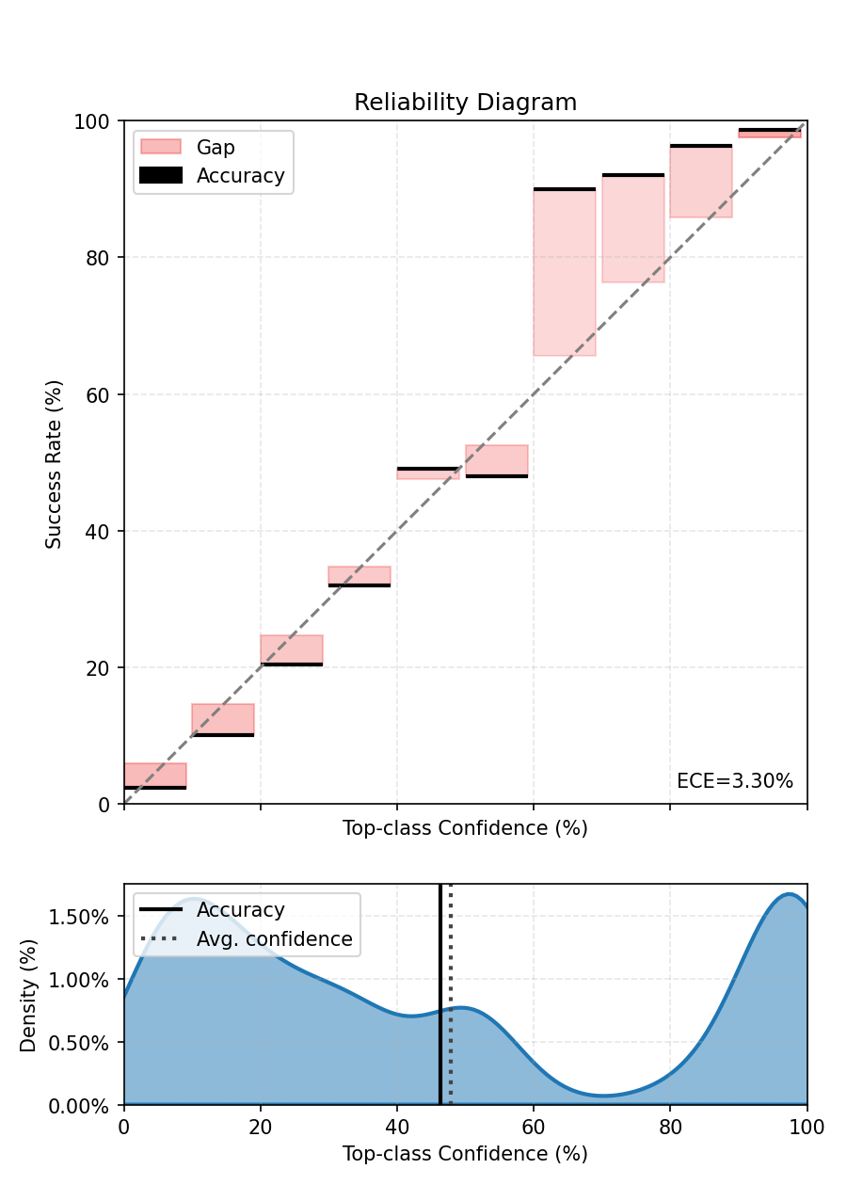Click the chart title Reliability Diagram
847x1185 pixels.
point(465,103)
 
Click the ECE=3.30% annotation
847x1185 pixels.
point(734,781)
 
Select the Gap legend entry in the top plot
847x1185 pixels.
point(216,147)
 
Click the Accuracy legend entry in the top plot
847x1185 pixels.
point(240,175)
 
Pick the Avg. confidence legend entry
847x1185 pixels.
point(274,938)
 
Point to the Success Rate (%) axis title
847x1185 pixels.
point(55,463)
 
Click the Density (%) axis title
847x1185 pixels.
point(28,995)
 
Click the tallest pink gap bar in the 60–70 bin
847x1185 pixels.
point(565,273)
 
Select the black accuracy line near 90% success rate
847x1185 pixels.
point(565,189)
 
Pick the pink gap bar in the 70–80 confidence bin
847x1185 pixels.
point(633,229)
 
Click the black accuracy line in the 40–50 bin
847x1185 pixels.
point(428,468)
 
